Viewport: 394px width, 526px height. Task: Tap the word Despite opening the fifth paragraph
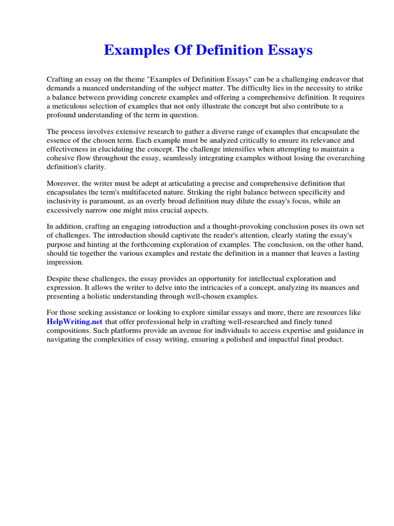[x=58, y=278]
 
